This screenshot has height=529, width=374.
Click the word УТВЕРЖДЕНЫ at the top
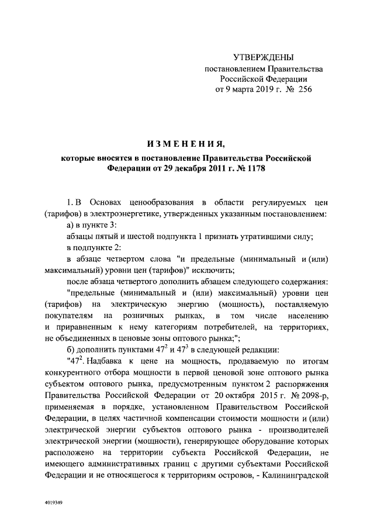coord(264,57)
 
